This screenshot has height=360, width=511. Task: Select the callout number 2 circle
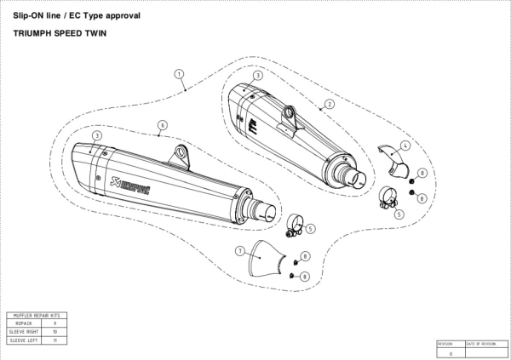click(x=329, y=103)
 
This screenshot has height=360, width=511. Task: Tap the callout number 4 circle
click(x=405, y=146)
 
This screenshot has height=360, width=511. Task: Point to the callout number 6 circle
click(x=161, y=125)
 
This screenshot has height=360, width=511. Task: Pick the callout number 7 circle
click(x=240, y=250)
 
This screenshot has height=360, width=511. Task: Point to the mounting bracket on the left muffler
click(x=180, y=156)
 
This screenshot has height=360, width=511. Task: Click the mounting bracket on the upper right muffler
click(x=290, y=112)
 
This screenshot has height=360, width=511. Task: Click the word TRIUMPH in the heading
click(x=38, y=37)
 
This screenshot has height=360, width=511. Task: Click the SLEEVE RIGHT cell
click(x=26, y=332)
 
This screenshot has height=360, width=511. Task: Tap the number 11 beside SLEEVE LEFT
click(x=55, y=340)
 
